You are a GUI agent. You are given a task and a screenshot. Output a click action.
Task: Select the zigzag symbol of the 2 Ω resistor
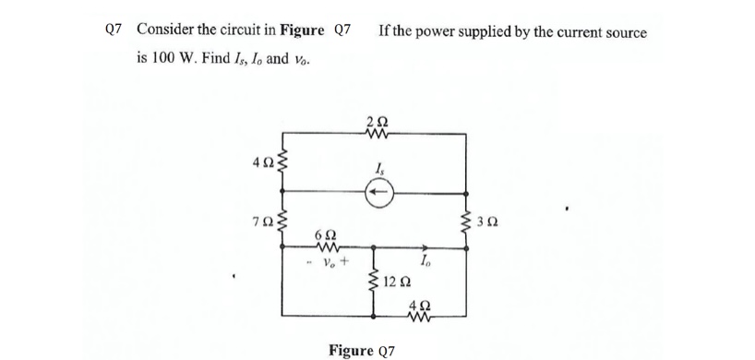(x=377, y=136)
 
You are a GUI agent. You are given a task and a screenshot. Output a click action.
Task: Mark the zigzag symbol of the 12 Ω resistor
(x=375, y=279)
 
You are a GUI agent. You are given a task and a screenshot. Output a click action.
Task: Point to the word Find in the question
(x=205, y=58)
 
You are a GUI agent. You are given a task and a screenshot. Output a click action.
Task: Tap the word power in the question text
(x=442, y=32)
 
